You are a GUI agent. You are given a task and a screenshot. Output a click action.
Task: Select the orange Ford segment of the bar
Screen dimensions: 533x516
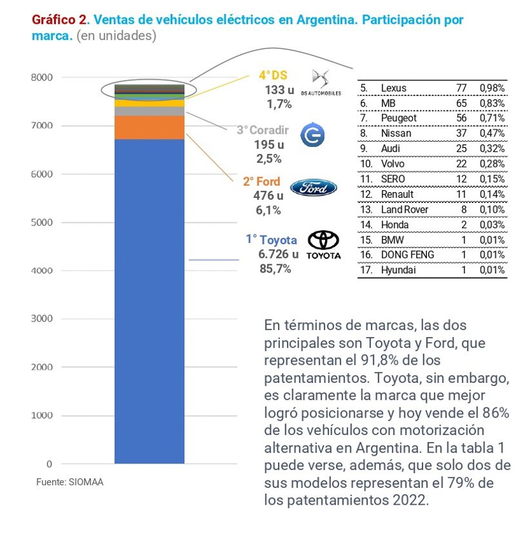point(149,127)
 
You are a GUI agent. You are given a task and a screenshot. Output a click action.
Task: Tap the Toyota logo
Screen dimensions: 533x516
point(323,244)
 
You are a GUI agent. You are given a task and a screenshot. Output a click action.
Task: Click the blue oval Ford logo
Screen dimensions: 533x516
point(313,188)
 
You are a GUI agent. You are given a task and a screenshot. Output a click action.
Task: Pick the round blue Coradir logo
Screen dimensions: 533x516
point(313,134)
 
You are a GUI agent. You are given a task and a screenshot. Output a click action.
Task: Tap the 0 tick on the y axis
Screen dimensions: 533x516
point(48,464)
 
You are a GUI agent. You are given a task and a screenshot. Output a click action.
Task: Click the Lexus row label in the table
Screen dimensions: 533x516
point(393,88)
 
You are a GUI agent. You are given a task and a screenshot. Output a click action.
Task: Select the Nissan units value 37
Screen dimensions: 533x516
point(462,133)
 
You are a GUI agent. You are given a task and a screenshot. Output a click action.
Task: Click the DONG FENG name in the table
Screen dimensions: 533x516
point(407,255)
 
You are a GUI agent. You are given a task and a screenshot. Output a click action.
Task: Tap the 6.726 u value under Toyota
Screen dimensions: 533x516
point(278,255)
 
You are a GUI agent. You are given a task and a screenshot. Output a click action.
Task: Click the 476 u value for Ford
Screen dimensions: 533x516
point(269,196)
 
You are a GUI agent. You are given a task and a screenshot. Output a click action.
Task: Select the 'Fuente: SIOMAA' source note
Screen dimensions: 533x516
point(69,481)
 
